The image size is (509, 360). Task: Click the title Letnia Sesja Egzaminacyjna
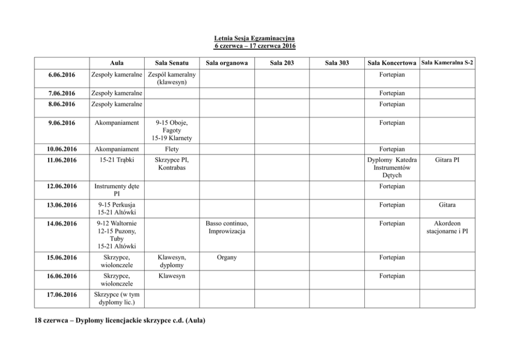tap(254, 38)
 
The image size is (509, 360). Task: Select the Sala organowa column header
tap(226, 63)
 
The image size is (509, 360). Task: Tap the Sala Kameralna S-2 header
tap(447, 63)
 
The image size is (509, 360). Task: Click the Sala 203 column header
tap(282, 63)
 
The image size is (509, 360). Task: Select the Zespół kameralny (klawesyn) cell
tap(171, 78)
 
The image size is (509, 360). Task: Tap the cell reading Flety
tap(171, 149)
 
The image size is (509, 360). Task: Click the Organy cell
tap(226, 257)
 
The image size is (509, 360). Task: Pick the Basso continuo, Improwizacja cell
tap(226, 228)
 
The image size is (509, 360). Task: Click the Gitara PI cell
tap(447, 160)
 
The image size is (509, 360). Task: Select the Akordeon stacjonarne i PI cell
tap(447, 228)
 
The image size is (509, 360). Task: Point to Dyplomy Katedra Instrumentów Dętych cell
tap(392, 168)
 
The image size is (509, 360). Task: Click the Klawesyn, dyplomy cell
tap(171, 262)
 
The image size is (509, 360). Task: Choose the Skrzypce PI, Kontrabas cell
tap(171, 164)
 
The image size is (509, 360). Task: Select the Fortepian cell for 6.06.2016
tap(392, 75)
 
